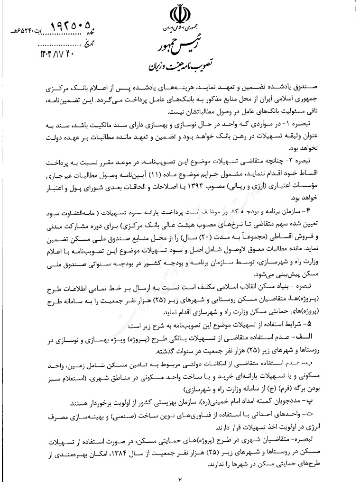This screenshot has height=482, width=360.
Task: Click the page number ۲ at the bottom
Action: [180, 477]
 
